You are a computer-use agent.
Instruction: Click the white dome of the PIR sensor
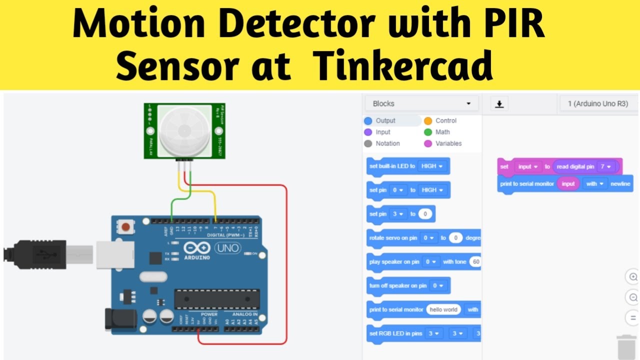click(182, 131)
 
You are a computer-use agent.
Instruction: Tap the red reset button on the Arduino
click(125, 227)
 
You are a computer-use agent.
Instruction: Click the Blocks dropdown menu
click(421, 103)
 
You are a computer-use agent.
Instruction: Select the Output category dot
click(368, 120)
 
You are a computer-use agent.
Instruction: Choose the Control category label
click(445, 120)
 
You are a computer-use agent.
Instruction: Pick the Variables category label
click(448, 143)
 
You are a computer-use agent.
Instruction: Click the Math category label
click(442, 132)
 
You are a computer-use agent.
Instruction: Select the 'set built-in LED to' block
click(392, 166)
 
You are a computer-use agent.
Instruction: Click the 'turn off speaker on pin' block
click(398, 285)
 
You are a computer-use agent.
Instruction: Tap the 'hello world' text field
click(443, 309)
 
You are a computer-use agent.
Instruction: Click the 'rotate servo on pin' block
click(393, 238)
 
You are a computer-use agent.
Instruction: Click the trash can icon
click(626, 346)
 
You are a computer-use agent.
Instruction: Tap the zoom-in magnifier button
click(633, 276)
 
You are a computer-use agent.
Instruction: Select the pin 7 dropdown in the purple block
click(605, 166)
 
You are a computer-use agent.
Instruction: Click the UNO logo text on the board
click(227, 248)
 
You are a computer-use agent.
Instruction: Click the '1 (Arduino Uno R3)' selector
click(597, 103)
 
